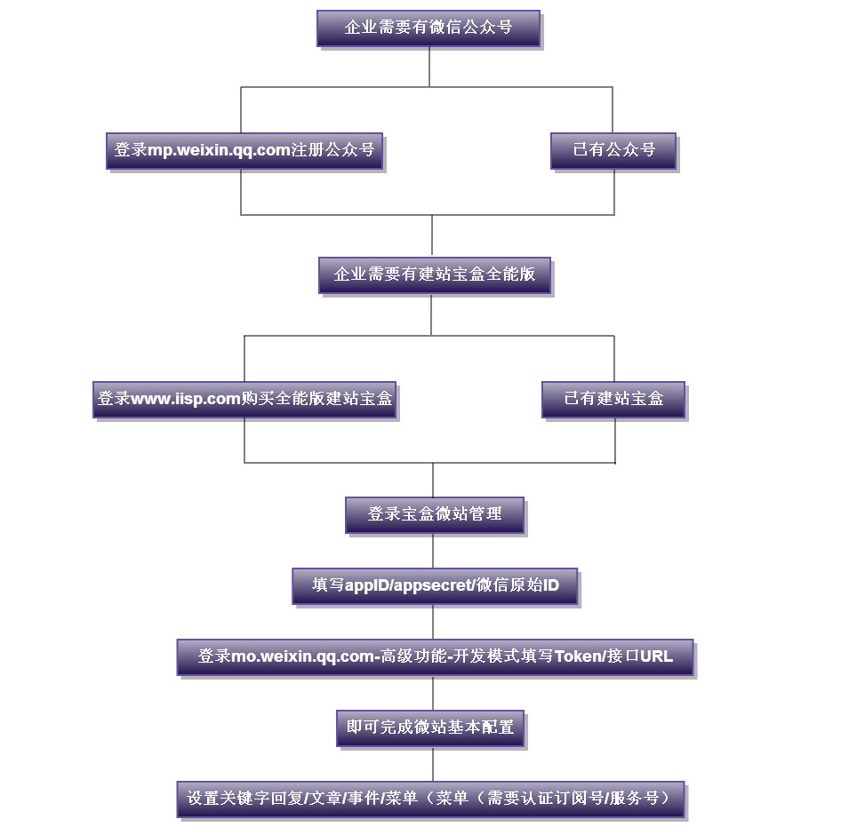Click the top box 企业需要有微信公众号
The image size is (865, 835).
pyautogui.click(x=428, y=28)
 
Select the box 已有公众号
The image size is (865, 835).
pyautogui.click(x=613, y=150)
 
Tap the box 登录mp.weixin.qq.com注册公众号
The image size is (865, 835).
pyautogui.click(x=245, y=150)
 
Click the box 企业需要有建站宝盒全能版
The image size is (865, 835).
pyautogui.click(x=434, y=274)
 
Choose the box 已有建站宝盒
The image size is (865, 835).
pyautogui.click(x=613, y=399)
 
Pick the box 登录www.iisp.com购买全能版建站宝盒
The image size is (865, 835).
pyautogui.click(x=244, y=399)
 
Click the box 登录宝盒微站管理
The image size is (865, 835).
pyautogui.click(x=435, y=514)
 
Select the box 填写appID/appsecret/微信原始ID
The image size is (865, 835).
pyautogui.click(x=435, y=585)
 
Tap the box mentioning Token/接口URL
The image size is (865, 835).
pyautogui.click(x=435, y=657)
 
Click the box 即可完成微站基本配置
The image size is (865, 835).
pyautogui.click(x=430, y=728)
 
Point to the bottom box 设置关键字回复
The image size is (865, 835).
pyautogui.click(x=431, y=799)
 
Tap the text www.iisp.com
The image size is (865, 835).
pyautogui.click(x=186, y=399)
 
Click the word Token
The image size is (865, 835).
pyautogui.click(x=578, y=657)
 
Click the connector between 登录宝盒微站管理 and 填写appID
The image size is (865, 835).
pyautogui.click(x=434, y=551)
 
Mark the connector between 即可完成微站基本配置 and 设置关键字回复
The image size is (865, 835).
pyautogui.click(x=433, y=764)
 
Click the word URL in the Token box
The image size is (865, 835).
pyautogui.click(x=656, y=657)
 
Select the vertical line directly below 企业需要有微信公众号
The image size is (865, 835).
pyautogui.click(x=429, y=66)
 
